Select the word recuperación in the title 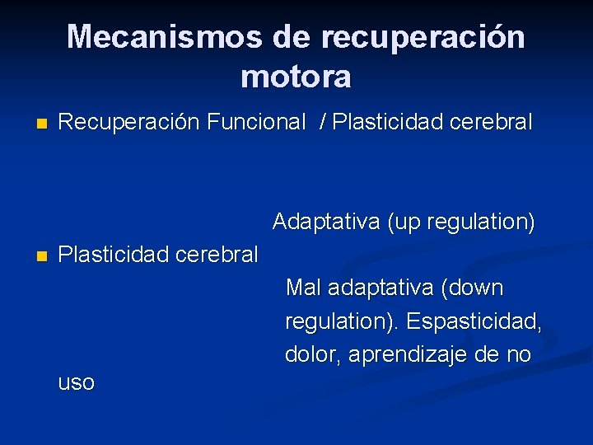click(423, 37)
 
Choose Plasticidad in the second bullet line click(115, 255)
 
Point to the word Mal click(303, 288)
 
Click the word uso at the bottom click(77, 383)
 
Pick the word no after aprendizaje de click(518, 355)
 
